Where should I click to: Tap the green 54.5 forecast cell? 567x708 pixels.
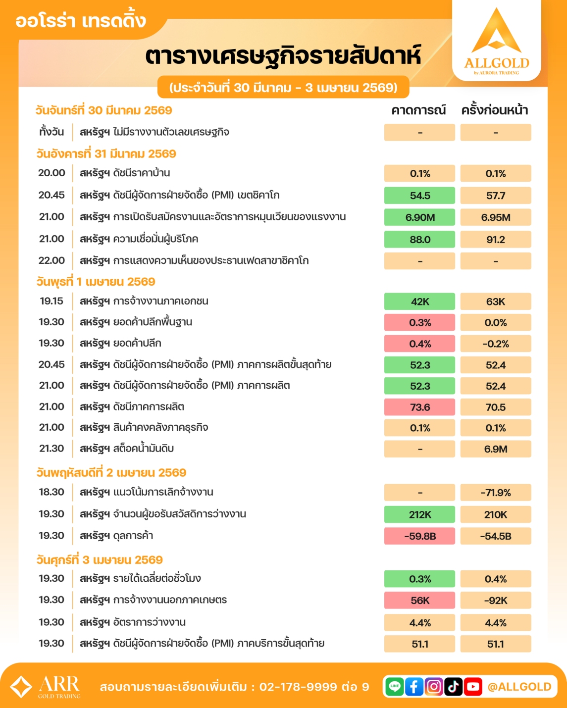coord(419,196)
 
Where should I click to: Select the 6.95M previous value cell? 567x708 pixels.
coord(495,217)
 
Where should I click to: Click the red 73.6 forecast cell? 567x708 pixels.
coord(419,407)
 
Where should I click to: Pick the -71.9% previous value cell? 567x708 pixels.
coord(495,493)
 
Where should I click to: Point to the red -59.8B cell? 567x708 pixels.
coord(419,536)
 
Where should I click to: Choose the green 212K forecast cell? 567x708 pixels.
coord(419,514)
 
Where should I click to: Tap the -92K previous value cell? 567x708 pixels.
coord(495,601)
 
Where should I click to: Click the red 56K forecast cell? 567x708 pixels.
coord(419,601)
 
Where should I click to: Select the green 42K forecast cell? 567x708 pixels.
coord(419,302)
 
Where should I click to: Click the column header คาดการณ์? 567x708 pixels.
coord(418,110)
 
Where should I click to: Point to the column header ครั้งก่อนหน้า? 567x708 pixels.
coord(495,110)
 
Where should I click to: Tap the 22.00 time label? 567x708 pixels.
coord(52,260)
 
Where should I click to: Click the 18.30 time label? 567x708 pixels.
coord(52,492)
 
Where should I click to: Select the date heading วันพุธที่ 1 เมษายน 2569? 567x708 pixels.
coord(96,282)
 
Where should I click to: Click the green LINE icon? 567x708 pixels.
coord(395,686)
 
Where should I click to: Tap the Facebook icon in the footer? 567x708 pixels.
coord(414,686)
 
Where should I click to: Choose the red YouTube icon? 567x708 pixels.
coord(473,686)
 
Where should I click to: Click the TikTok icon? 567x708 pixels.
coord(453,686)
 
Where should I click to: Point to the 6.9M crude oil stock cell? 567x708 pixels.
coord(495,449)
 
